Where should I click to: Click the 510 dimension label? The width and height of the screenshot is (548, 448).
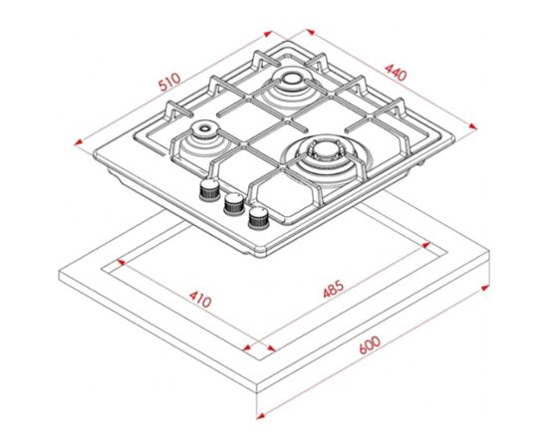169,82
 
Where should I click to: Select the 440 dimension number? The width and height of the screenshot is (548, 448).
396,73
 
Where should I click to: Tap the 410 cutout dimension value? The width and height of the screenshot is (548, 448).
200,300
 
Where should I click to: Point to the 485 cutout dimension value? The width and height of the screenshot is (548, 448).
334,289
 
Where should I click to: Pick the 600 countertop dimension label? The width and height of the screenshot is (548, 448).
370,345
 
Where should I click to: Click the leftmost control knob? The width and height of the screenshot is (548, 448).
209,190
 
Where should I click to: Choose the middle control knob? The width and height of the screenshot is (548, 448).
234,203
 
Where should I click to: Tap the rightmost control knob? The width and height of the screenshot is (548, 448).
259,218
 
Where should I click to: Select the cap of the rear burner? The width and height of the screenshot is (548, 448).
290,77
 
